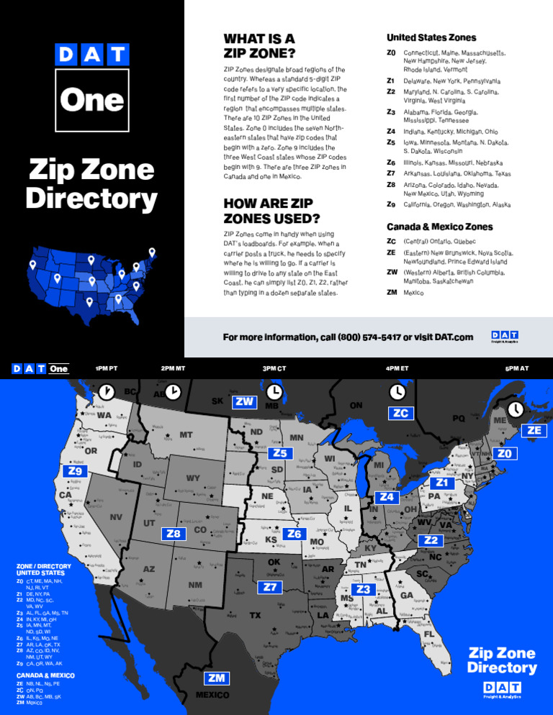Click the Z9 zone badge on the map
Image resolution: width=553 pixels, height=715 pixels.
point(75,471)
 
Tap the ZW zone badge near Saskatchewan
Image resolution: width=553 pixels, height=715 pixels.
point(245,402)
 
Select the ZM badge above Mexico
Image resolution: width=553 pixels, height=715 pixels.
point(215,678)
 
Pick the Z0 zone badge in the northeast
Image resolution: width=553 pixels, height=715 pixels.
point(505,454)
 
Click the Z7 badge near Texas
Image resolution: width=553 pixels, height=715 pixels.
point(270,587)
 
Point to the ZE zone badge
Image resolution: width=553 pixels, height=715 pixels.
point(534,430)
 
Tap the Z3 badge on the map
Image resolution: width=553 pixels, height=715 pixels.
point(364,590)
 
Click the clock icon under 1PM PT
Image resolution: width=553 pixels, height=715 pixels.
point(106,391)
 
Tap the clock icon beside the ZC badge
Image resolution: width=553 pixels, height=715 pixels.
point(397,391)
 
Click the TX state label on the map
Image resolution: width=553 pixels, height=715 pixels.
point(255,616)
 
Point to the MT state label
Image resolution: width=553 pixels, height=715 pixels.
point(186,435)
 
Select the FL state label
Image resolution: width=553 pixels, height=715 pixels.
point(428,635)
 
